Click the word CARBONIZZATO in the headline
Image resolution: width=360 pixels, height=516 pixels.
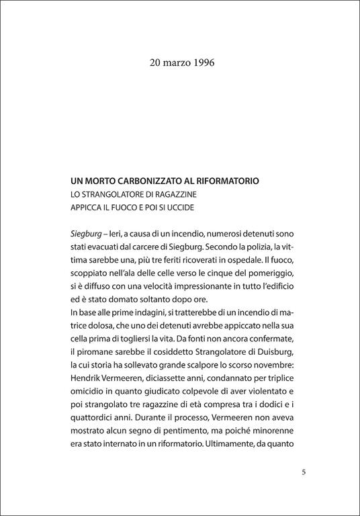pos(146,181)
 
